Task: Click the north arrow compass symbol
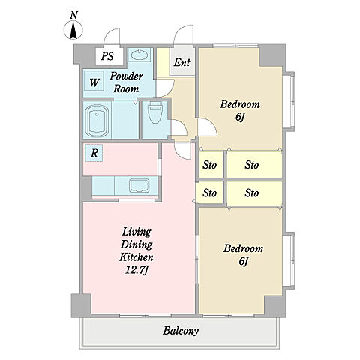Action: pos(73,30)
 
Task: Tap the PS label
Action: pos(107,56)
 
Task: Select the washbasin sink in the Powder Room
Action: pos(139,55)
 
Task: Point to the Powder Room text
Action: pos(126,82)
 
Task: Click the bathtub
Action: pos(97,121)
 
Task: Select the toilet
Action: pos(155,112)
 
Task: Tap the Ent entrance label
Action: pos(182,62)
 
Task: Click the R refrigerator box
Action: pos(94,153)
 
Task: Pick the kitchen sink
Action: pos(139,185)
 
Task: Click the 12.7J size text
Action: pos(137,270)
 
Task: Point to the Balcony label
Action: pos(181,331)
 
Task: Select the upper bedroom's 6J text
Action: pos(239,117)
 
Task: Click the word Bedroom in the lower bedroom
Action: pos(243,248)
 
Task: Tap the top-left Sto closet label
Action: pos(209,165)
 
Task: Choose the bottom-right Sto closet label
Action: pos(252,193)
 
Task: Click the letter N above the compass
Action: pos(73,16)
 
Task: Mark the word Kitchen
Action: pos(136,257)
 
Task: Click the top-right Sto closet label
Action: pos(252,165)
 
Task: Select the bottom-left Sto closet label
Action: pos(209,193)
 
